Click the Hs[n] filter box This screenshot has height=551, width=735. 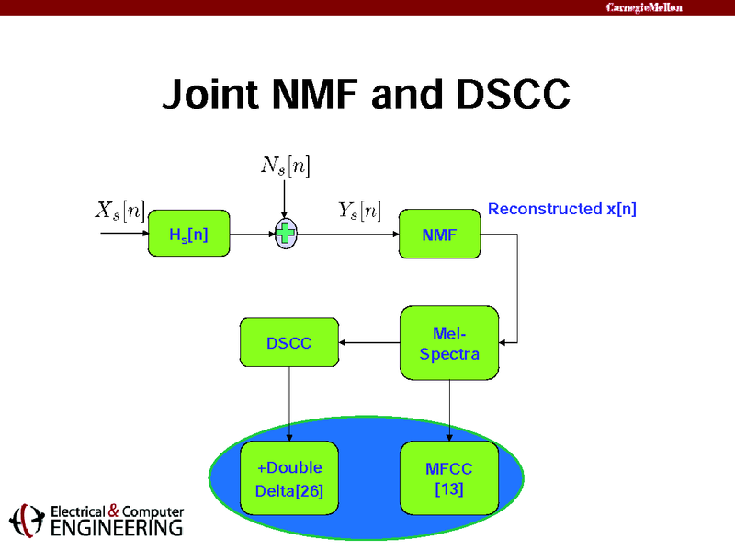pyautogui.click(x=188, y=234)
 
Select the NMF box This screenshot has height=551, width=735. pyautogui.click(x=439, y=234)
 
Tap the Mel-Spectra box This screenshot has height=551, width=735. pyautogui.click(x=449, y=343)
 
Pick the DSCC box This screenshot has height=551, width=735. pyautogui.click(x=288, y=343)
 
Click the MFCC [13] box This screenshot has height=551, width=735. pyautogui.click(x=449, y=478)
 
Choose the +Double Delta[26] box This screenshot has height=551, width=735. pyautogui.click(x=288, y=478)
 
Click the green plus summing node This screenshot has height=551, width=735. pyautogui.click(x=286, y=234)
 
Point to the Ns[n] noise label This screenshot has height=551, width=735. pyautogui.click(x=286, y=166)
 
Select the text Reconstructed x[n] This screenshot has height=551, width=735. pyautogui.click(x=561, y=209)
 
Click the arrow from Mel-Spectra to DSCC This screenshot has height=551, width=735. pyautogui.click(x=369, y=343)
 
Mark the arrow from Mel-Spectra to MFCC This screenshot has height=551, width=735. pyautogui.click(x=449, y=410)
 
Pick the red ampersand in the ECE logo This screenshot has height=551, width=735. pyautogui.click(x=114, y=511)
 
